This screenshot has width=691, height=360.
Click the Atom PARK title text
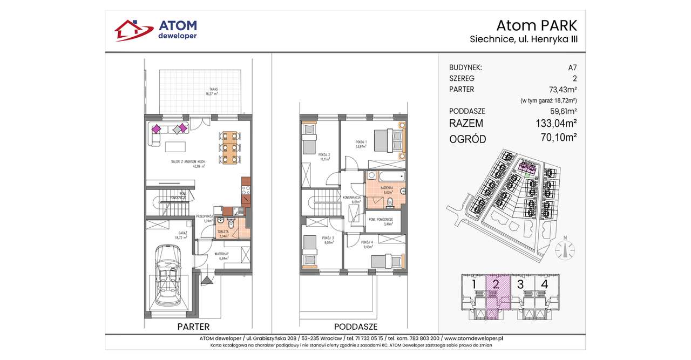click(537, 25)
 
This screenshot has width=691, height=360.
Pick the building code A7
click(572, 68)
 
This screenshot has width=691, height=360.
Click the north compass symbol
click(565, 249)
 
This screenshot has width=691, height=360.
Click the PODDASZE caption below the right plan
click(355, 327)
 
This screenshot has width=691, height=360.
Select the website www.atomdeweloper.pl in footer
click(467, 338)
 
